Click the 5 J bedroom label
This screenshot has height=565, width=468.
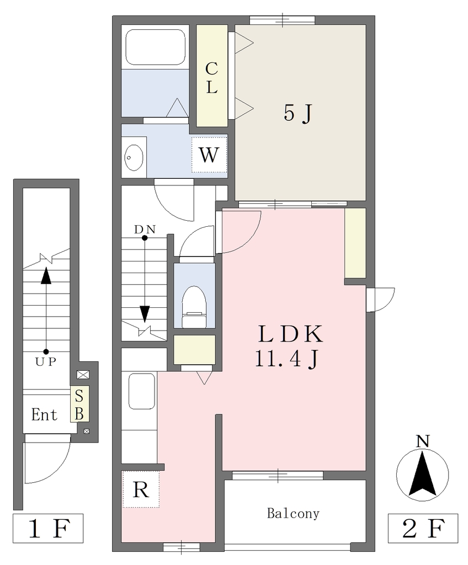pyautogui.click(x=297, y=114)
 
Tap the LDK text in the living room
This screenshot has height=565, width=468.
pyautogui.click(x=290, y=334)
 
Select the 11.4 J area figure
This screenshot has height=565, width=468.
pyautogui.click(x=287, y=359)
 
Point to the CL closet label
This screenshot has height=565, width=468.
pyautogui.click(x=211, y=78)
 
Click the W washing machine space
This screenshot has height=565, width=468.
pyautogui.click(x=209, y=155)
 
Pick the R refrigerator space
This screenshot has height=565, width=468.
pyautogui.click(x=141, y=489)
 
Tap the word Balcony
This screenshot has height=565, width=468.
pyautogui.click(x=293, y=514)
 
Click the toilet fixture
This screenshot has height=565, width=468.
pyautogui.click(x=194, y=307)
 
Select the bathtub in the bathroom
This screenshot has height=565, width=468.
pyautogui.click(x=156, y=47)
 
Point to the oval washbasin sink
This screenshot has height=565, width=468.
pyautogui.click(x=134, y=158)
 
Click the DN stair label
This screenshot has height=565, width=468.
pyautogui.click(x=145, y=229)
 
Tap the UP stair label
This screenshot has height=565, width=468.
pyautogui.click(x=46, y=361)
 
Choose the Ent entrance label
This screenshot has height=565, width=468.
pyautogui.click(x=44, y=415)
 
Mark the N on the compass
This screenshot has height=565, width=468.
pyautogui.click(x=423, y=441)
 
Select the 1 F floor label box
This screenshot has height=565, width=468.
pyautogui.click(x=49, y=528)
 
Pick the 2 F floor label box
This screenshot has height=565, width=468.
pyautogui.click(x=423, y=528)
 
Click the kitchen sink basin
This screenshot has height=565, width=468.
pyautogui.click(x=142, y=391)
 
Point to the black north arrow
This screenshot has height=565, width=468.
pyautogui.click(x=423, y=475)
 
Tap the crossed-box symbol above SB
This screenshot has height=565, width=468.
pyautogui.click(x=83, y=375)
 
